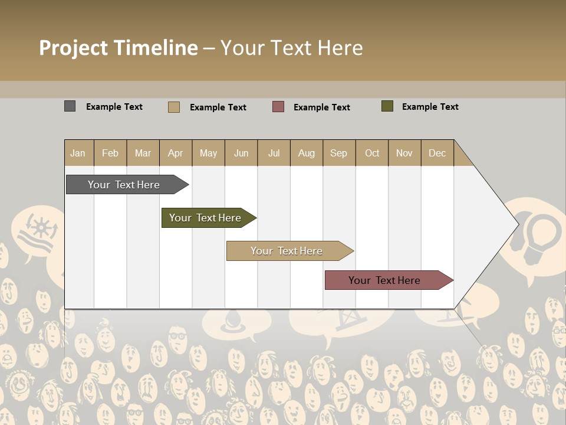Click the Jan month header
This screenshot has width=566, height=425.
point(78,153)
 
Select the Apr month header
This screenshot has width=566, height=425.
point(175,153)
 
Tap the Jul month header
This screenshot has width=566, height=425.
point(274,153)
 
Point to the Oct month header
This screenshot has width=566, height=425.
point(371,153)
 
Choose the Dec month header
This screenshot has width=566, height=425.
point(437,153)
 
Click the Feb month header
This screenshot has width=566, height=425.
point(110,153)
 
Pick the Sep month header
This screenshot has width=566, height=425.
point(338,153)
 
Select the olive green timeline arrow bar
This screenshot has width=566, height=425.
point(207,218)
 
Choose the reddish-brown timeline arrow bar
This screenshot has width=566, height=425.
point(387,280)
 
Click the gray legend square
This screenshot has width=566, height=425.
point(70,106)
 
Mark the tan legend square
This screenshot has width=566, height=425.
point(173,107)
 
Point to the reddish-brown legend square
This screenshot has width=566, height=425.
point(278,107)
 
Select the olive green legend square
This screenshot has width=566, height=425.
point(387,106)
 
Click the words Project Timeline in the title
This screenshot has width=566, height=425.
point(118,48)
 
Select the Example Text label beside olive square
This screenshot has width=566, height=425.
point(430,107)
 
